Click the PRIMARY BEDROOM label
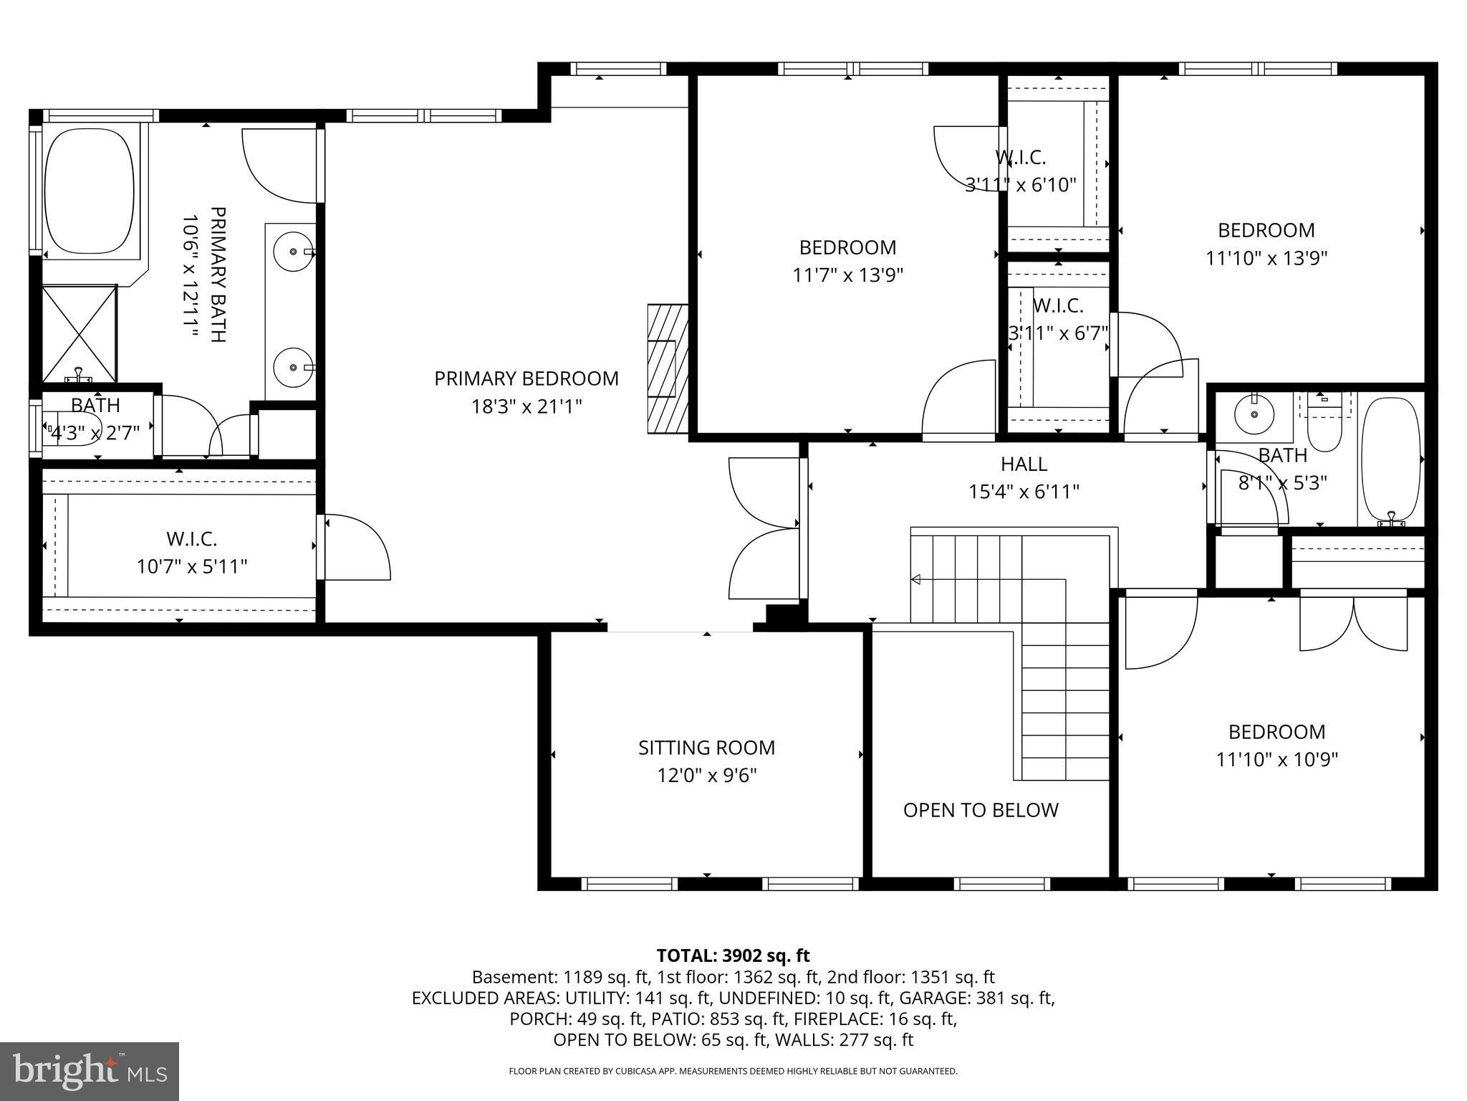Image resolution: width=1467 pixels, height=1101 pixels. (x=526, y=378)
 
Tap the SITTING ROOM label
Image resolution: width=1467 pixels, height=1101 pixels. (x=706, y=748)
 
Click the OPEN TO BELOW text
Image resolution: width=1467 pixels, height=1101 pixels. (x=980, y=810)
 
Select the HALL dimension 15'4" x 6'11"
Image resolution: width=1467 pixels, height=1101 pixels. (x=1024, y=492)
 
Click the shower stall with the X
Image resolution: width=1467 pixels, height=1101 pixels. (x=79, y=334)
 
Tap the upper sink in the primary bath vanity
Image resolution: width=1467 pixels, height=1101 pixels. (x=294, y=252)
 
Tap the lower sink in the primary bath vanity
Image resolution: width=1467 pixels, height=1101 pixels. (x=294, y=367)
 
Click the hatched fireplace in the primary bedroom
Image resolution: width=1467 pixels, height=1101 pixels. (x=667, y=368)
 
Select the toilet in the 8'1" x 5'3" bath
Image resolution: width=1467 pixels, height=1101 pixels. (x=1324, y=427)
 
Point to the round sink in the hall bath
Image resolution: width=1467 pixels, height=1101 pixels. (x=1254, y=414)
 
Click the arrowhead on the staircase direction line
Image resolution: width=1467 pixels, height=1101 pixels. (x=915, y=579)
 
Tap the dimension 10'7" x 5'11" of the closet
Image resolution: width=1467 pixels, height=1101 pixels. (x=192, y=567)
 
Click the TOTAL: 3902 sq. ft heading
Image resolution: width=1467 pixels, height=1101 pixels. (x=733, y=955)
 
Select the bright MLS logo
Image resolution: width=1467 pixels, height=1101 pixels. (x=89, y=1071)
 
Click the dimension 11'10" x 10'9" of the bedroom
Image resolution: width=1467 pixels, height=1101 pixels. (x=1276, y=759)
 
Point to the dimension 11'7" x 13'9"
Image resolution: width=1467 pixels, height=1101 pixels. (x=847, y=275)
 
